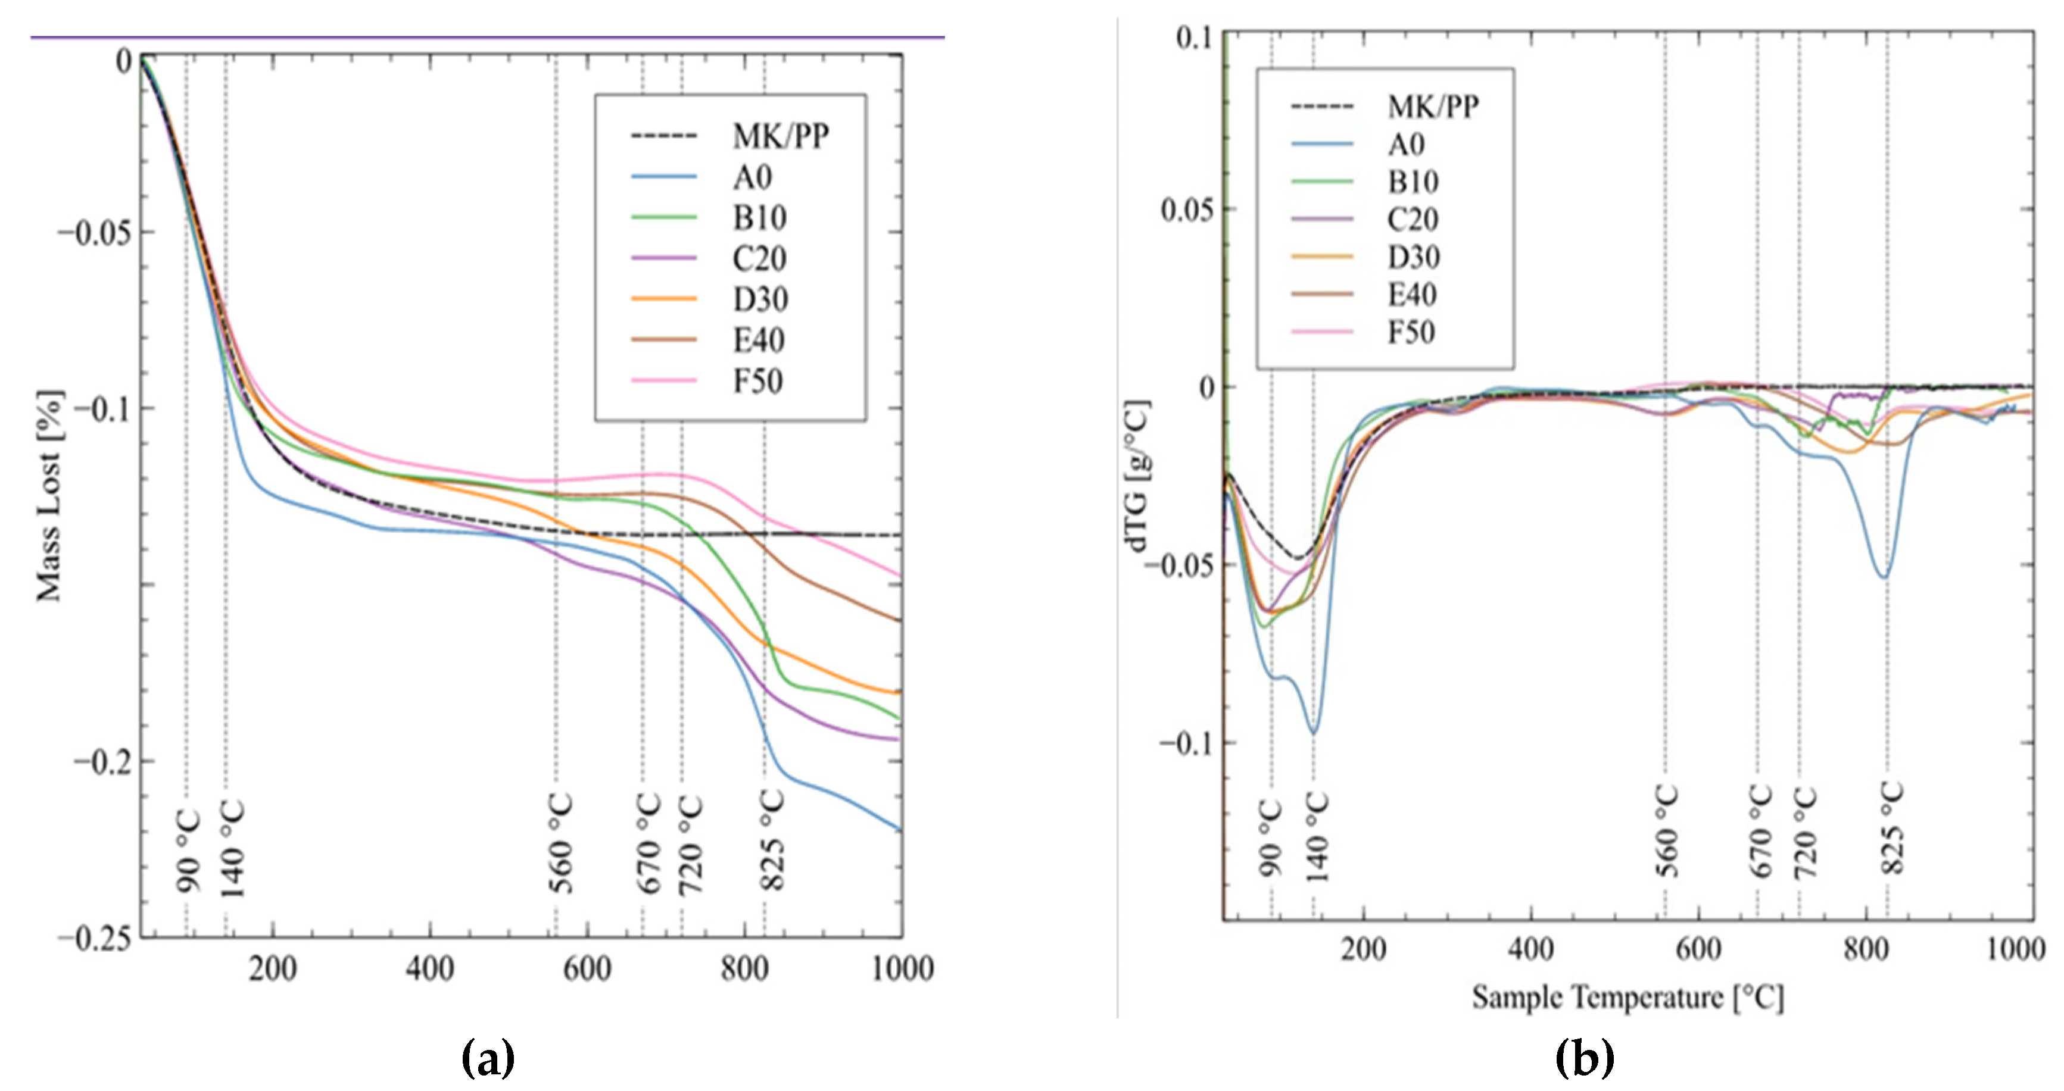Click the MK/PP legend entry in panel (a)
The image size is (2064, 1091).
pyautogui.click(x=780, y=136)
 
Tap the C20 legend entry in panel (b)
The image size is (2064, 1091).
pyautogui.click(x=1413, y=218)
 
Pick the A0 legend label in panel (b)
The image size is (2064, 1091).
pyautogui.click(x=1406, y=144)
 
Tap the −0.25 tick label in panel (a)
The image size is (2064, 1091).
pyautogui.click(x=95, y=939)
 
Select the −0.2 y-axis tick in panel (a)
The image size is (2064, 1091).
pyautogui.click(x=102, y=761)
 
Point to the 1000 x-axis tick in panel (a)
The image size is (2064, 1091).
pyautogui.click(x=902, y=968)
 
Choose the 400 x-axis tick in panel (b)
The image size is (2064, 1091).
pyautogui.click(x=1530, y=949)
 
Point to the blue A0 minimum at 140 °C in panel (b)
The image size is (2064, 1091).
pyautogui.click(x=1313, y=733)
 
